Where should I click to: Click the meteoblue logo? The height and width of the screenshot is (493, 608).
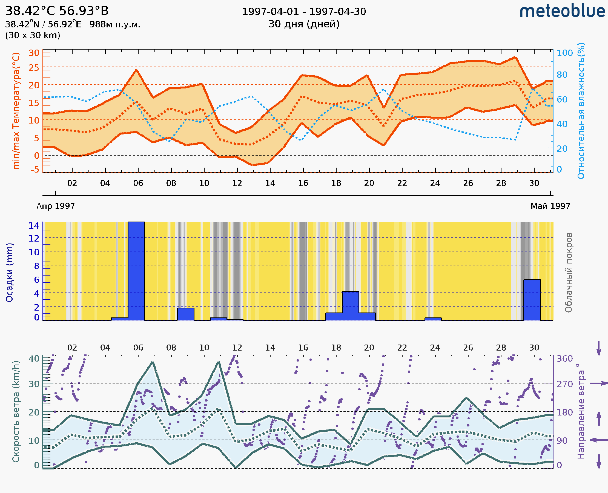point(562,11)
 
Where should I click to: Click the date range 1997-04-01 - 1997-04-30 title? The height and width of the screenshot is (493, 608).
point(304,12)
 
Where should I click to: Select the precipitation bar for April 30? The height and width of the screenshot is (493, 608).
point(532,300)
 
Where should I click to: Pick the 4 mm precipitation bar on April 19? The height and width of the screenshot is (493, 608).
point(351,306)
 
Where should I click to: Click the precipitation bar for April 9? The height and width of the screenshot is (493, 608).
point(185,314)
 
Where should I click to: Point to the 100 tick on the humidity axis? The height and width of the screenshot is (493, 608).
point(564,53)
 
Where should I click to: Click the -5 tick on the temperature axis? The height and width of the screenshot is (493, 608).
point(35,170)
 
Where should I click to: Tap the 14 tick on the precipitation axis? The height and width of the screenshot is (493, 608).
point(34,226)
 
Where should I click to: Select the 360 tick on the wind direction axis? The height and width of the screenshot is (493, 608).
point(564,359)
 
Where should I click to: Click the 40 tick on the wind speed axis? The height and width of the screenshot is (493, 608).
point(34,359)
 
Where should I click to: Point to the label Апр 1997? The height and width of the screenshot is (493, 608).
point(56,206)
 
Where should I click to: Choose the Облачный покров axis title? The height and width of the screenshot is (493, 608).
point(568,273)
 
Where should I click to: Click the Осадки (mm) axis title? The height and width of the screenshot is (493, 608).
point(9,273)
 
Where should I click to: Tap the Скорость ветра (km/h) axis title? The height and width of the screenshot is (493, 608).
point(16,411)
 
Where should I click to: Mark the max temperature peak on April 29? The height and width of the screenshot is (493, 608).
point(515,57)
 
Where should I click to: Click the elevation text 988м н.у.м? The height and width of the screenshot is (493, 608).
point(115,25)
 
